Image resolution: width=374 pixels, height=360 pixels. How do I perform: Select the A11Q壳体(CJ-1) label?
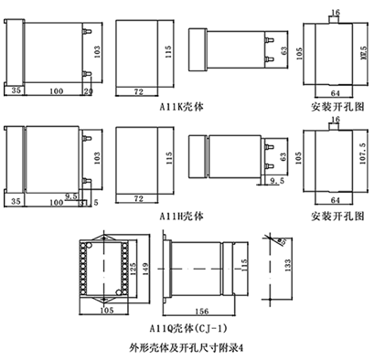[184, 326]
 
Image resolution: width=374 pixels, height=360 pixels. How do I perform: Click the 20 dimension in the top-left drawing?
[88, 91]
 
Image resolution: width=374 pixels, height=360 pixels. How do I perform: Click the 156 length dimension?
[199, 310]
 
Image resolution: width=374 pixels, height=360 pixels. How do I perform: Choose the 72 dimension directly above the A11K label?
[137, 93]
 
